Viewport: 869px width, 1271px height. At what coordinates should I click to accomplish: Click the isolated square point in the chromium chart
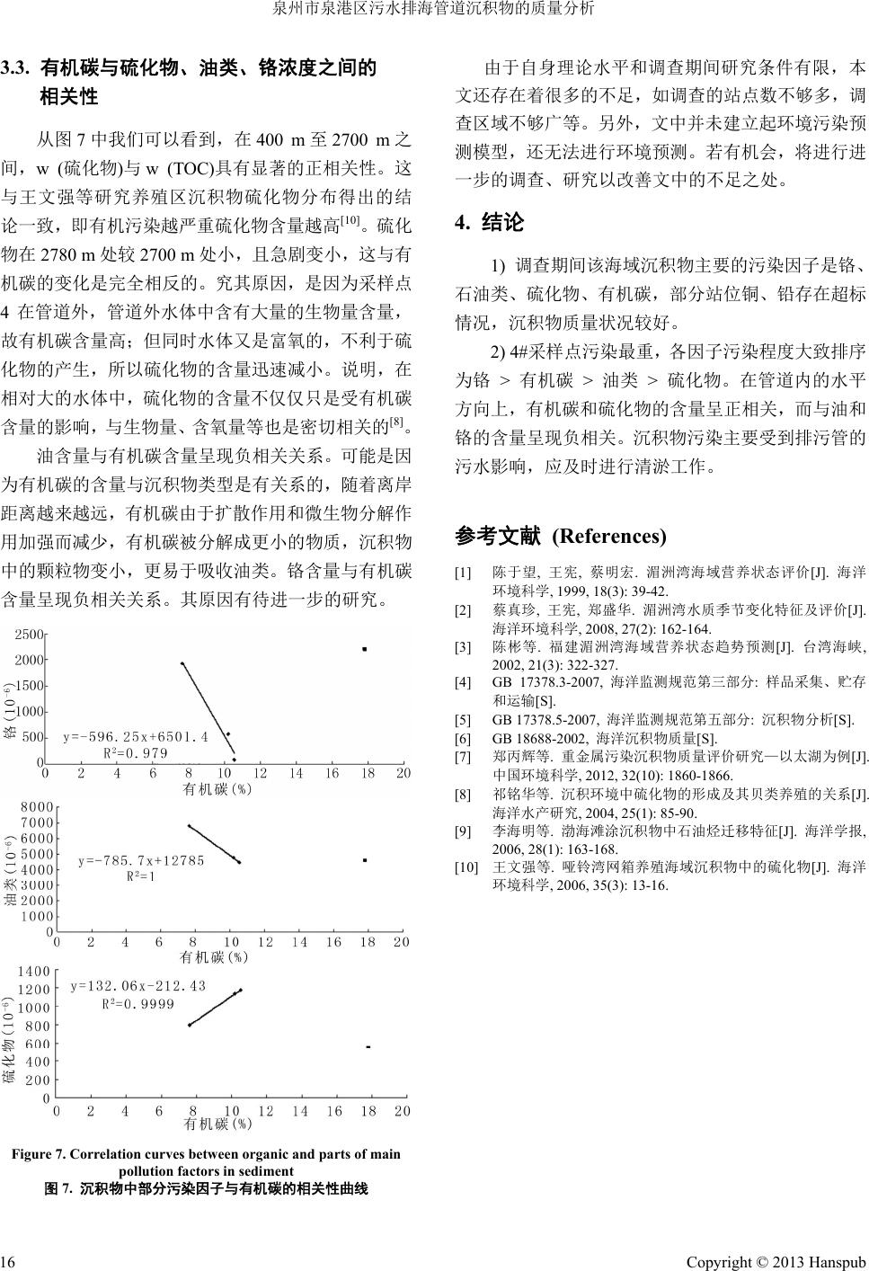point(365,649)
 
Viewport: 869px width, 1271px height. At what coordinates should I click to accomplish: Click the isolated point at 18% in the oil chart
point(365,860)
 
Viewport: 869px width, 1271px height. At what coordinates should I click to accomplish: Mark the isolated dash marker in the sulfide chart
point(368,1047)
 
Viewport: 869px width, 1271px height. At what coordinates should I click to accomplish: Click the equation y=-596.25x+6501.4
point(136,737)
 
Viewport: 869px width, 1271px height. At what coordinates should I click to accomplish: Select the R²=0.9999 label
point(138,1003)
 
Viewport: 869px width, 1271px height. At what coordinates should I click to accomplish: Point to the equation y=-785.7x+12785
point(141,860)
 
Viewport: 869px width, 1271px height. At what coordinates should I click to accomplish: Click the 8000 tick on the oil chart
point(37,807)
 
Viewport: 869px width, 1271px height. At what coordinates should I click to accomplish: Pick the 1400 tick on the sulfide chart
point(34,972)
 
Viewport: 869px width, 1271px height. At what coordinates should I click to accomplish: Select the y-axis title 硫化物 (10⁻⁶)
point(10,1043)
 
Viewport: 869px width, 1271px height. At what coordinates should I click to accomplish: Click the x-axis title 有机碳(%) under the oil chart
point(214,956)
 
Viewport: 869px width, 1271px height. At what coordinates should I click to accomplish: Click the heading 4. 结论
point(490,222)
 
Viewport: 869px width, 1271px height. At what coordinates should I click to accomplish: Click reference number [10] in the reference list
point(467,867)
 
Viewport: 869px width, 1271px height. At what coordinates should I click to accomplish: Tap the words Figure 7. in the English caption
point(38,1154)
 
